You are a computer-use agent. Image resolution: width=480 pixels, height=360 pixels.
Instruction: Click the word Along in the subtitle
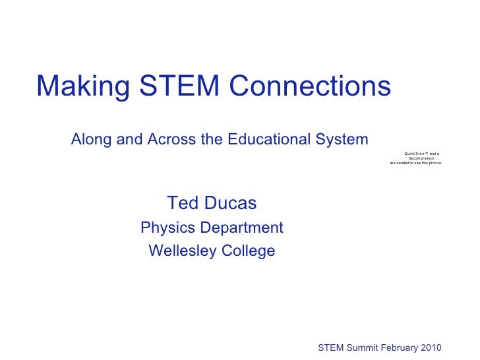coord(90,140)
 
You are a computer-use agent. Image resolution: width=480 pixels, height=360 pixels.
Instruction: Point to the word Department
coord(239,229)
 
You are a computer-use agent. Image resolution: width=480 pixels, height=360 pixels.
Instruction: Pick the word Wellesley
coord(180,251)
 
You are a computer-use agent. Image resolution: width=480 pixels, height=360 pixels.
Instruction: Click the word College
coord(248,252)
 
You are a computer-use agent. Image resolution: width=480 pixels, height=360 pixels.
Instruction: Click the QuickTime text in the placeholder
coord(414,154)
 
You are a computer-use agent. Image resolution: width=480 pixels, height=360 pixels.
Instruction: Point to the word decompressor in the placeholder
coord(421,158)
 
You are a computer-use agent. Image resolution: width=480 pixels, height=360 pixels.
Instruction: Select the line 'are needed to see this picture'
coord(416,163)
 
